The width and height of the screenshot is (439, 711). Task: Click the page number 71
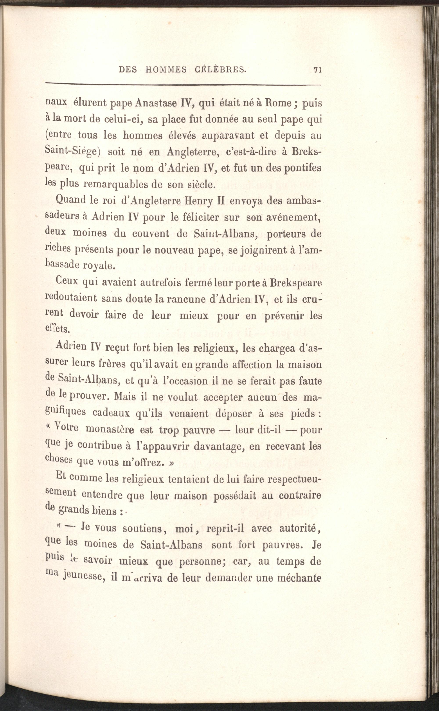click(x=318, y=70)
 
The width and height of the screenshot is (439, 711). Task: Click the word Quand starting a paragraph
click(x=70, y=200)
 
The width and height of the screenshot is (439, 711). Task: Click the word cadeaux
click(x=112, y=413)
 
